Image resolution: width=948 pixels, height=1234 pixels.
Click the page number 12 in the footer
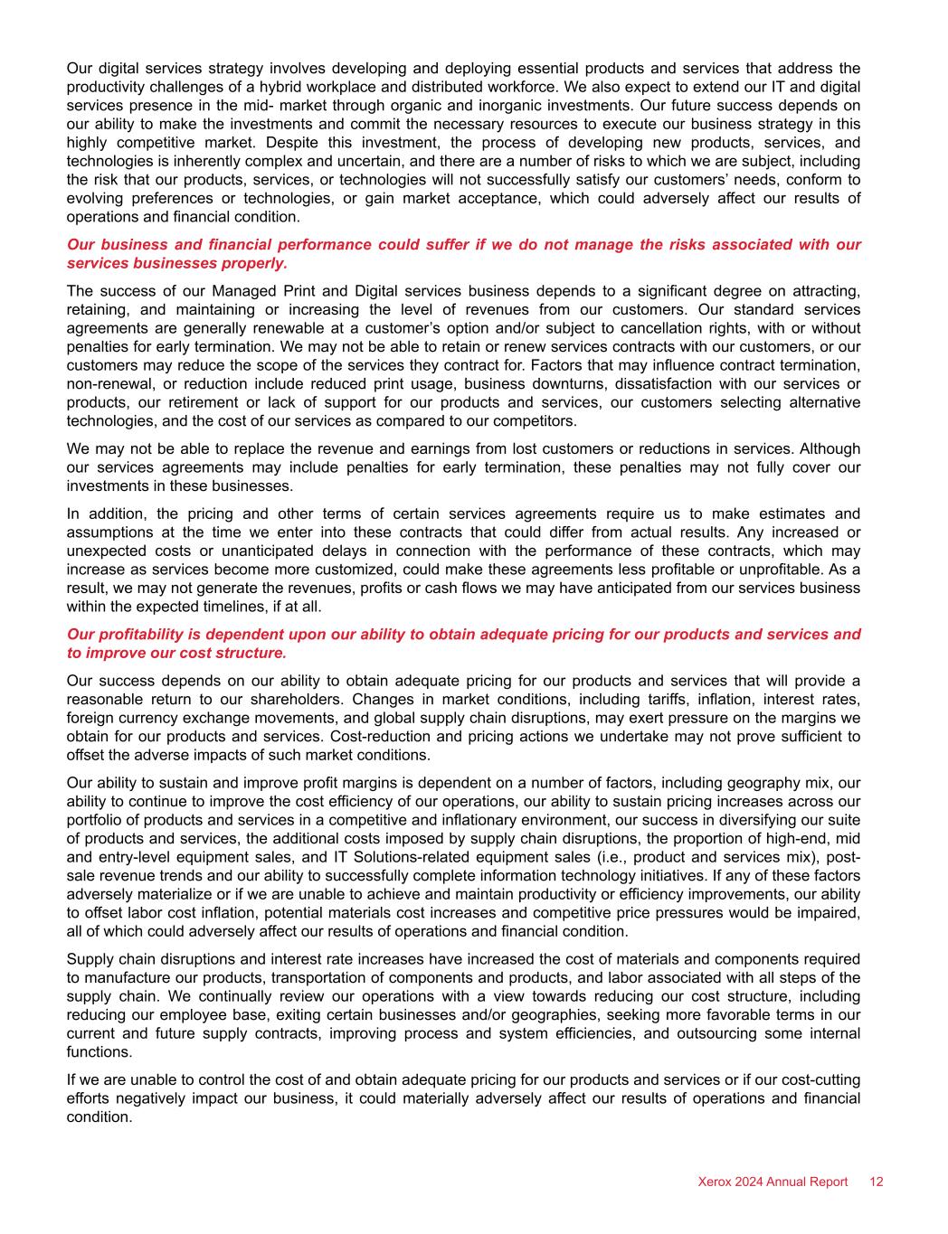877,1182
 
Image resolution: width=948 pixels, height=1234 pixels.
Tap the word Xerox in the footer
715,1182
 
